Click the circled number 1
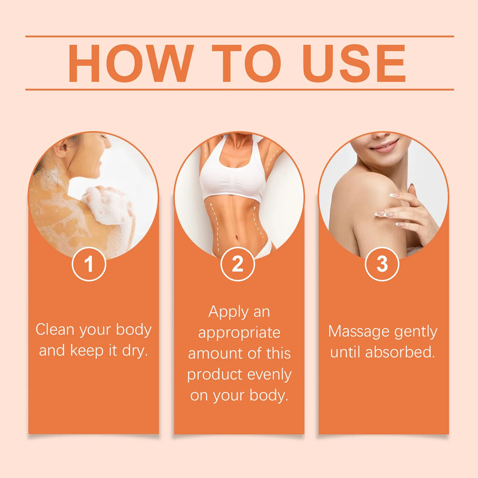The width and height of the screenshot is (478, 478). pos(89,264)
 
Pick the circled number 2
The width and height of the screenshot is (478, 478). pos(238,264)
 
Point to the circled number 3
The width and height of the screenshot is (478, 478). pos(382,264)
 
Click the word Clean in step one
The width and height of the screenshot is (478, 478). pos(56,330)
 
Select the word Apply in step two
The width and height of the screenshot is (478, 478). pos(226,312)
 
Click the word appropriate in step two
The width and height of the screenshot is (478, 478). pos(239,333)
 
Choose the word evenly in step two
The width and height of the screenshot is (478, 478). pos(268,375)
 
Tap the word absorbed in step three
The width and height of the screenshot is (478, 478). pos(400,352)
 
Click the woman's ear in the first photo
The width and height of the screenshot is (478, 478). pos(60,150)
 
